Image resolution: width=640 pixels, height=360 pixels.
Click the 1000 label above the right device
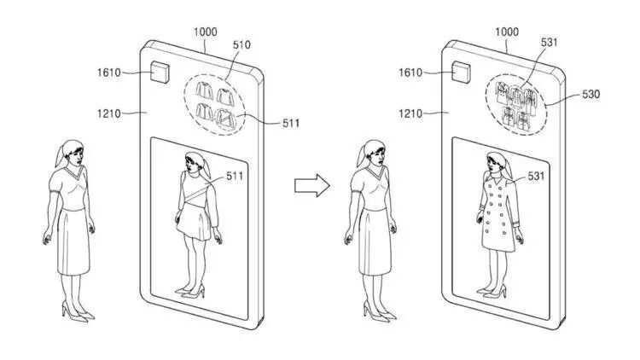point(507,32)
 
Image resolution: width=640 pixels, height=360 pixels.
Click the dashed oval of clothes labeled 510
point(214,101)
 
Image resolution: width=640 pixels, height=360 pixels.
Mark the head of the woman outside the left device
point(72,154)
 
